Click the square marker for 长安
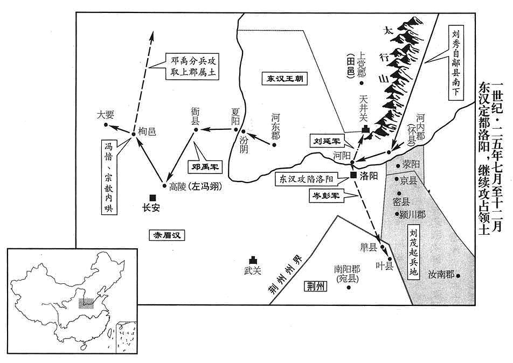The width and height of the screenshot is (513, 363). [152, 198]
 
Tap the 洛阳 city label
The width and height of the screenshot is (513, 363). [369, 176]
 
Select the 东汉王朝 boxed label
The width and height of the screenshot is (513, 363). [285, 79]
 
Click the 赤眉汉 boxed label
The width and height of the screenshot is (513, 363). [167, 235]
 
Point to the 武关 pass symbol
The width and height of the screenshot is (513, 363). [253, 260]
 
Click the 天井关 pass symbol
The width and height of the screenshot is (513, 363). [365, 129]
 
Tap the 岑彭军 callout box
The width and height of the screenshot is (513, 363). [326, 196]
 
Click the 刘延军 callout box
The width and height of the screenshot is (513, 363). [327, 141]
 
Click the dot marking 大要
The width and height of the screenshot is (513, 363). [106, 125]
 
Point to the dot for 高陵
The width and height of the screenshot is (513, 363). [164, 186]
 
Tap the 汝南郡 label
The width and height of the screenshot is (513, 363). [441, 274]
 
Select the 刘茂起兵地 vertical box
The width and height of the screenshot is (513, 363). [413, 252]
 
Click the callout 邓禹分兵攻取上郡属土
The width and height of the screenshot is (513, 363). [192, 66]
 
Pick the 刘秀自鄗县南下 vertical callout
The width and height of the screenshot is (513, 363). [456, 62]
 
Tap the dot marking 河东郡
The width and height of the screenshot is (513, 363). [274, 145]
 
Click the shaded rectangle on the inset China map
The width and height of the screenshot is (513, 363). [86, 303]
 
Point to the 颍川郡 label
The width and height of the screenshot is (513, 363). [413, 214]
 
